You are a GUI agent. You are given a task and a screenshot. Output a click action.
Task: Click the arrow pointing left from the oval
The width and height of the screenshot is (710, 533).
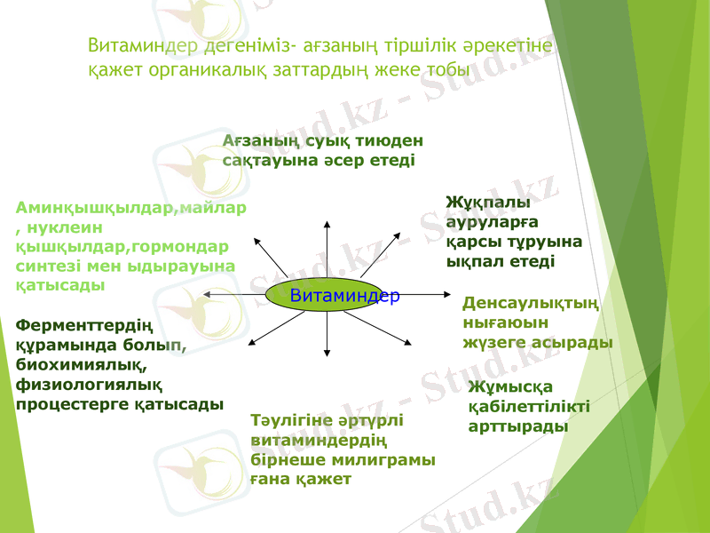click(x=235, y=294)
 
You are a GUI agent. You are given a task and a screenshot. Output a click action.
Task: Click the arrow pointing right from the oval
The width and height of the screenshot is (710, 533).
click(x=426, y=294)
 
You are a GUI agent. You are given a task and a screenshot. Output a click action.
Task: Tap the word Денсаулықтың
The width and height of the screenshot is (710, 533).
click(x=531, y=303)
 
